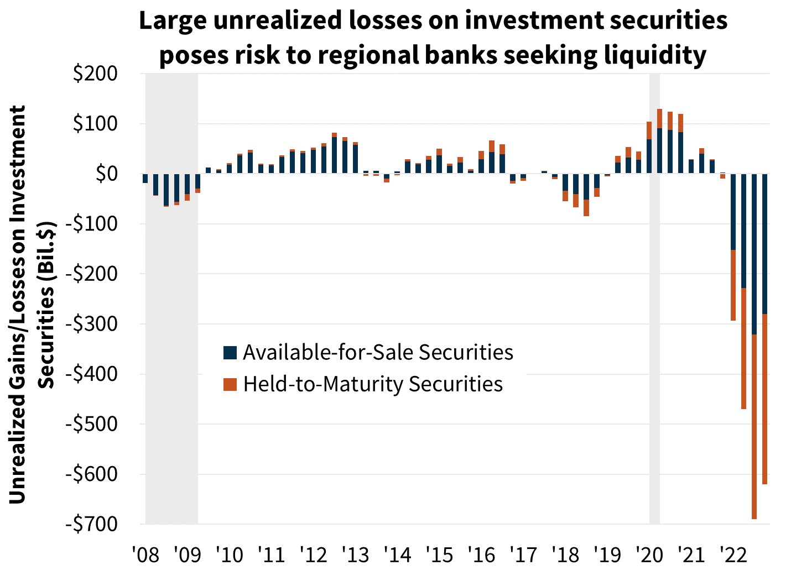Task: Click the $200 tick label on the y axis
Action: (95, 74)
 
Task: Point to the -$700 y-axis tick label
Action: (91, 524)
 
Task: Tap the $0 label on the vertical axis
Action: (106, 174)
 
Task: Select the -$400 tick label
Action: (91, 374)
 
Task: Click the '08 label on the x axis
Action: (145, 554)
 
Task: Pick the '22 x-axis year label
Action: (733, 554)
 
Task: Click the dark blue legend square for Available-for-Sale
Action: (230, 353)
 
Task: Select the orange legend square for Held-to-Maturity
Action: (230, 384)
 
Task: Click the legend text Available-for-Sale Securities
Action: (378, 352)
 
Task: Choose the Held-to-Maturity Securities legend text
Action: (373, 384)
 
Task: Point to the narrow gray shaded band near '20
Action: (654, 332)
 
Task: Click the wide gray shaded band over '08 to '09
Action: (171, 332)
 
